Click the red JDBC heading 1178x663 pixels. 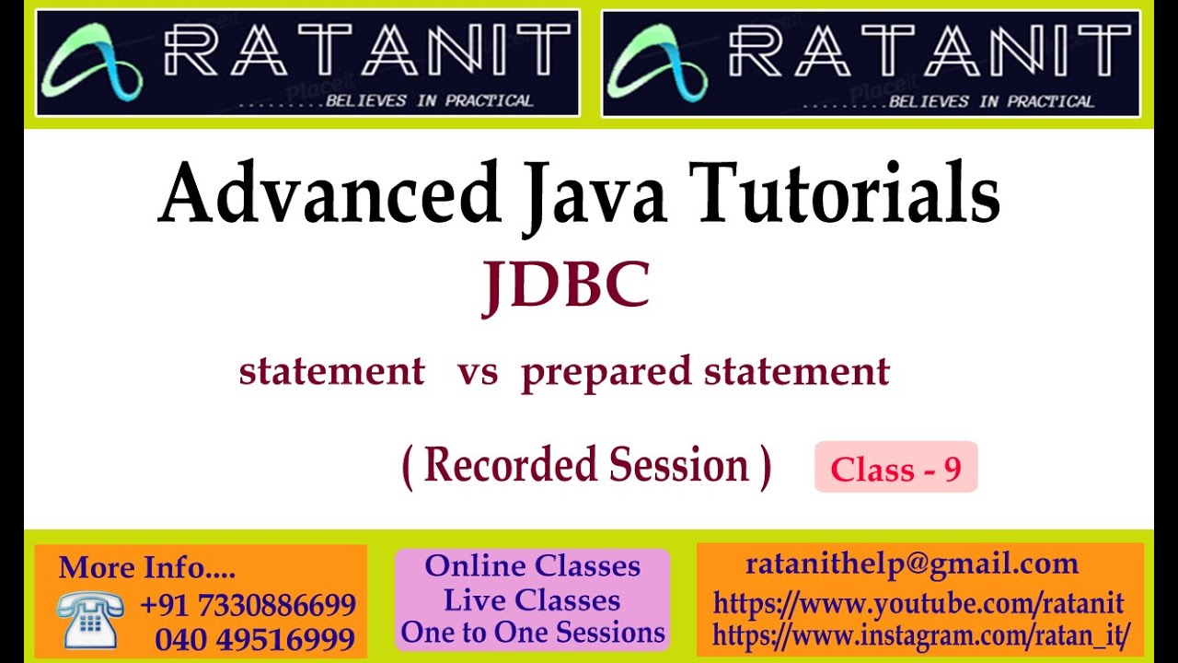pyautogui.click(x=566, y=285)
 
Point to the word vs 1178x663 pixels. pyautogui.click(x=477, y=371)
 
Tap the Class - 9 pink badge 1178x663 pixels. pyautogui.click(x=895, y=468)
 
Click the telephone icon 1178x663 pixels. pyautogui.click(x=89, y=619)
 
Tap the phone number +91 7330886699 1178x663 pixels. pyautogui.click(x=248, y=605)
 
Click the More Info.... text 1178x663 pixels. pyautogui.click(x=146, y=567)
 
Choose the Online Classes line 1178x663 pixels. pyautogui.click(x=532, y=565)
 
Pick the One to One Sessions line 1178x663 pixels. pyautogui.click(x=532, y=633)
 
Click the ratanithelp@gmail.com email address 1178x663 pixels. pyautogui.click(x=911, y=564)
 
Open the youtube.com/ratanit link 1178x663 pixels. pyautogui.click(x=918, y=604)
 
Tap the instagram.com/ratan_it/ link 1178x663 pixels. pyautogui.click(x=920, y=635)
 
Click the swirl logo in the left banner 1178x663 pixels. pyautogui.click(x=92, y=62)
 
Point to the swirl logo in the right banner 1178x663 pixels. pyautogui.click(x=657, y=62)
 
